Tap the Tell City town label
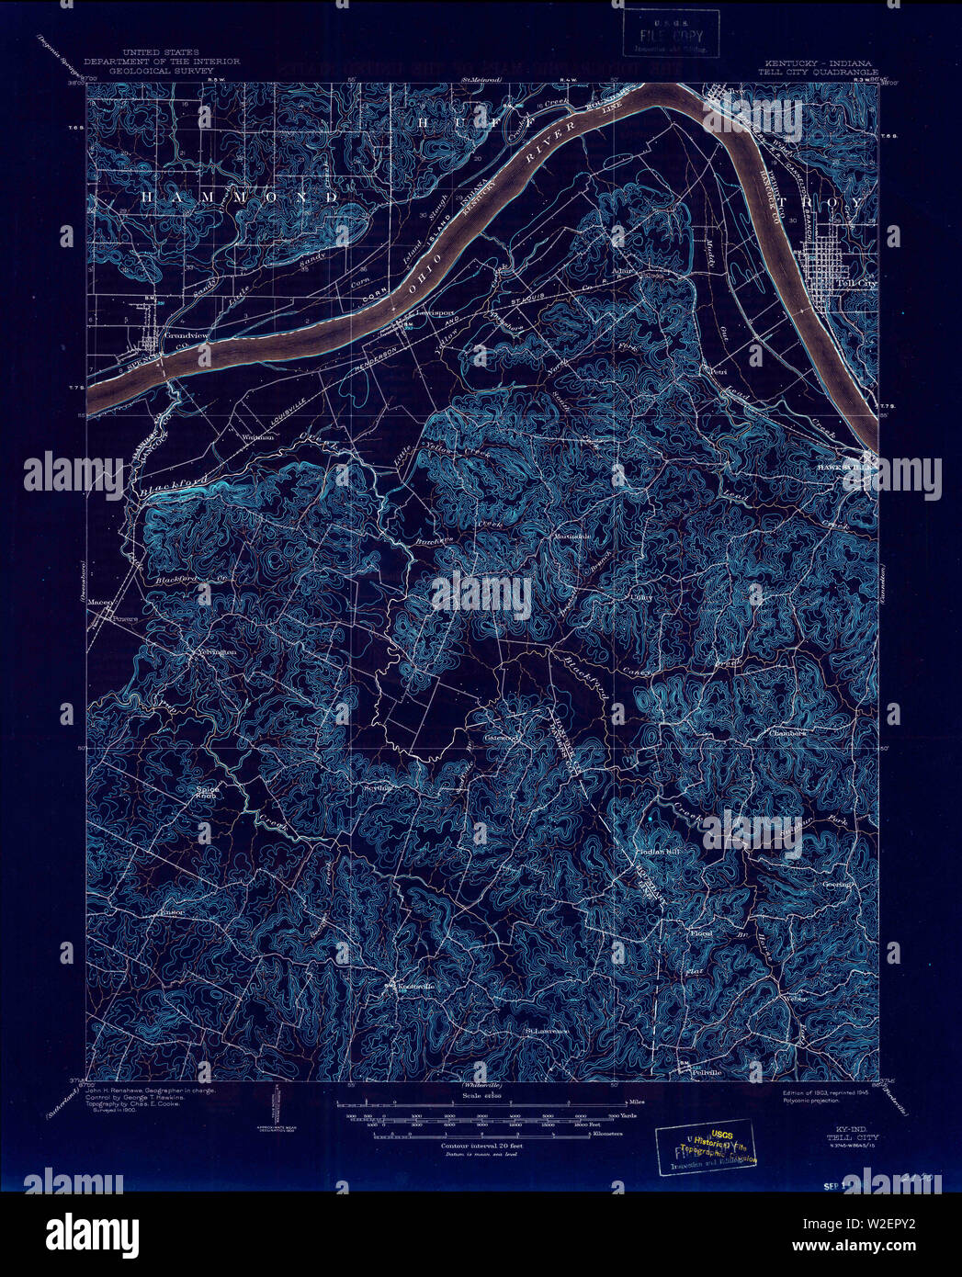tap(857, 285)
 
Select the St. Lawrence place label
tap(548, 1031)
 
